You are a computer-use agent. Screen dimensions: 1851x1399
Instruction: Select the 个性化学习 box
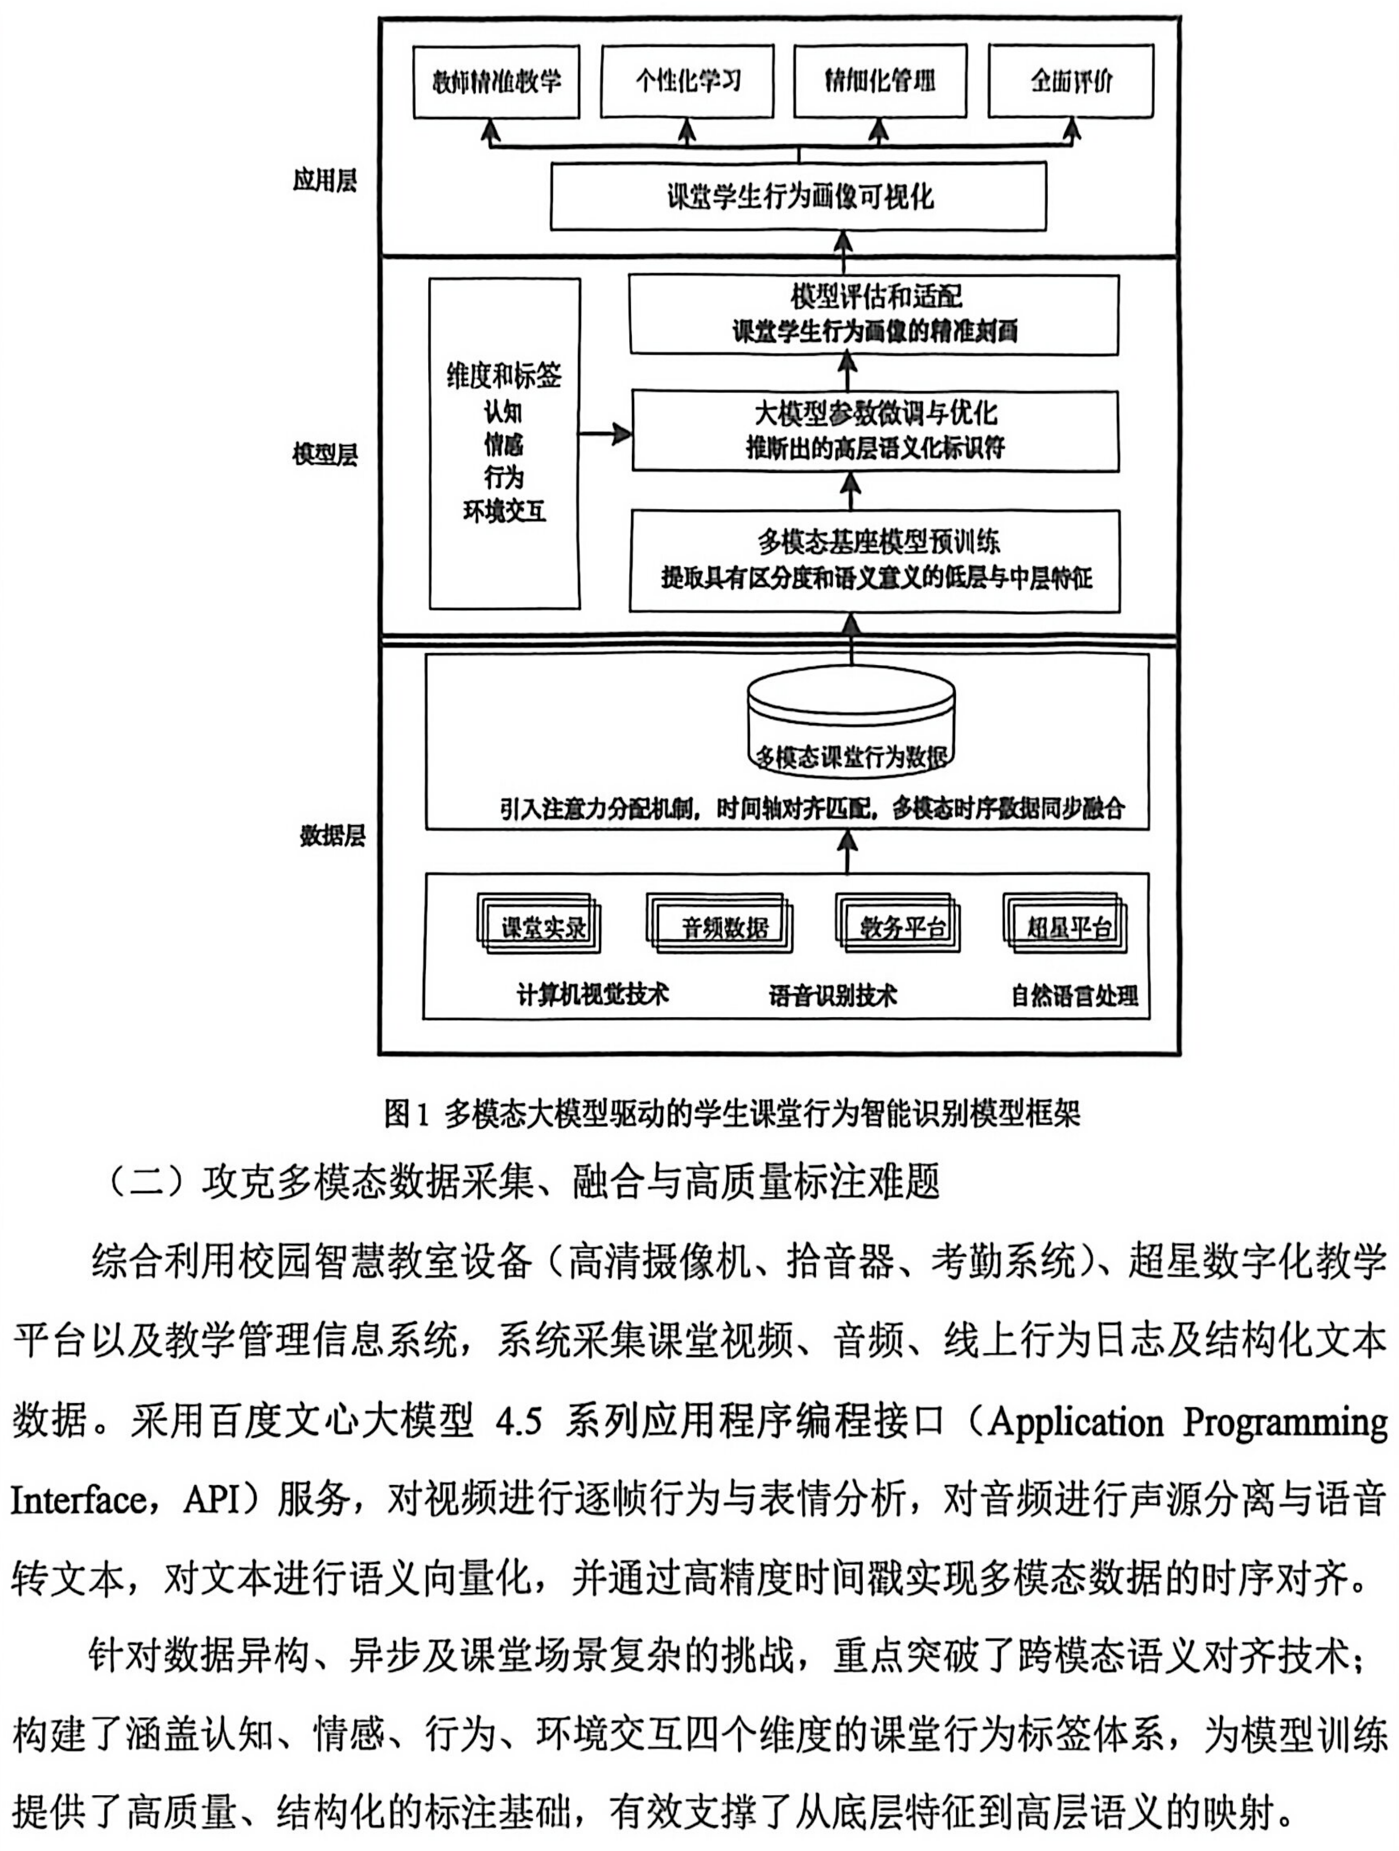(687, 81)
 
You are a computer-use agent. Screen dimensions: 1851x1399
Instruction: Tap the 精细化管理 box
(879, 81)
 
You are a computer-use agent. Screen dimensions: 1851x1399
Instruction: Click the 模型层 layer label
(325, 455)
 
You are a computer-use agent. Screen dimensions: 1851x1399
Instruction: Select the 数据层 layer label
(332, 834)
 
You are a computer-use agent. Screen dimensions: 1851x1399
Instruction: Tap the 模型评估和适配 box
(873, 314)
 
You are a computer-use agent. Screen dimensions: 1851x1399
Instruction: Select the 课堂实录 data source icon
(540, 926)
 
